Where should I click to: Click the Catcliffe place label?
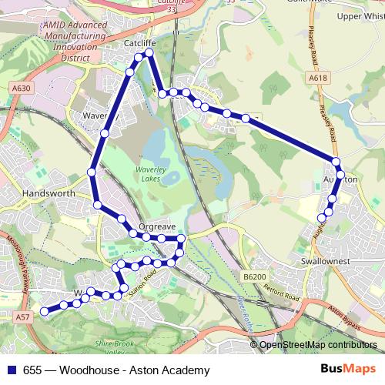[x=139, y=45]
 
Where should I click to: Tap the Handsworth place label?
[x=49, y=194]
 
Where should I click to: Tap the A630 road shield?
[x=22, y=89]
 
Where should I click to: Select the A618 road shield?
[x=318, y=78]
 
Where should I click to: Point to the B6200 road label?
[x=253, y=276]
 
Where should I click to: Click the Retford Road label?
[x=283, y=295]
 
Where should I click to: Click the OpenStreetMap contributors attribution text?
[x=318, y=345]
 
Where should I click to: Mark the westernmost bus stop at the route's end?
[x=45, y=311]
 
